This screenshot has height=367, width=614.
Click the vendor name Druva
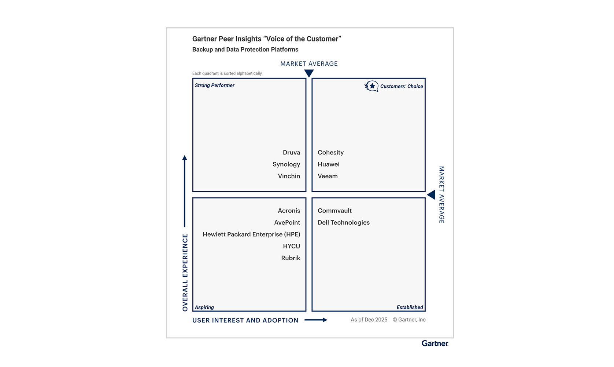(291, 152)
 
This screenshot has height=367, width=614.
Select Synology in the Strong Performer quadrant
(286, 164)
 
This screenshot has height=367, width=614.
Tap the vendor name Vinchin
(289, 176)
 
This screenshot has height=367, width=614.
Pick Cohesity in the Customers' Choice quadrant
(330, 153)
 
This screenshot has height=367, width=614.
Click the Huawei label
(328, 164)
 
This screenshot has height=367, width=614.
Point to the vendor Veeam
(328, 176)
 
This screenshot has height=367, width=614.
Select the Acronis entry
(289, 211)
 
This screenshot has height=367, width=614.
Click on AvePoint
(287, 222)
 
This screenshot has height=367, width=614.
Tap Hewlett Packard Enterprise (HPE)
(251, 235)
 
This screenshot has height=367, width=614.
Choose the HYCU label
(291, 246)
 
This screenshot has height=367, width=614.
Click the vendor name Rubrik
(291, 258)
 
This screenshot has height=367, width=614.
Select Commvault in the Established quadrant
(334, 211)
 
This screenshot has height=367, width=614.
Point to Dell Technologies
(344, 223)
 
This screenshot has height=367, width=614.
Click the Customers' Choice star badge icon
(371, 86)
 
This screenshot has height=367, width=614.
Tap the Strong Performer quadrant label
(214, 86)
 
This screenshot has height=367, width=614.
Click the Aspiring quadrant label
(204, 308)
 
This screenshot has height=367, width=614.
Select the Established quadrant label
(410, 308)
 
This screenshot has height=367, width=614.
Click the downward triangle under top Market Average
(309, 73)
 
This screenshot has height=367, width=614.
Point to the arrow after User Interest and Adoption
(316, 320)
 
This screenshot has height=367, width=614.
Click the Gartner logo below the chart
(435, 344)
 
